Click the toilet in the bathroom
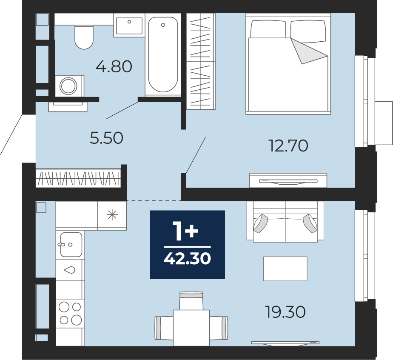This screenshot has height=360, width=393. click(x=84, y=37)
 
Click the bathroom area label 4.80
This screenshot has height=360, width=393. click(x=114, y=67)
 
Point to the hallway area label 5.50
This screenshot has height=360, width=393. click(x=106, y=138)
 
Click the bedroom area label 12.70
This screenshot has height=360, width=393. click(x=288, y=146)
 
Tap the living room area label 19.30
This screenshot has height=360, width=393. click(x=285, y=312)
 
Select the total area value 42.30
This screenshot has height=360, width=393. click(x=188, y=259)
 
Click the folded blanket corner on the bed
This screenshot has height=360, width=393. click(x=308, y=51)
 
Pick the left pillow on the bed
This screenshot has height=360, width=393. click(x=268, y=29)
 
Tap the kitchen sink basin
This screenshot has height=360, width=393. click(x=71, y=244)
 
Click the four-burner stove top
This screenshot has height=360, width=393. click(x=70, y=313)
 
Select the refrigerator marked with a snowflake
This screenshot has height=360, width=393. click(x=112, y=215)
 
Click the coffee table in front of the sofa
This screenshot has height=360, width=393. click(x=285, y=269)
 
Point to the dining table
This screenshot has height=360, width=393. click(x=191, y=328)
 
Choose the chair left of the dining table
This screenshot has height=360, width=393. click(x=164, y=328)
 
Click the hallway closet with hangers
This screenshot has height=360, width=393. click(x=78, y=178)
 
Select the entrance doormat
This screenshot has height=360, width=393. click(x=68, y=106)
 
